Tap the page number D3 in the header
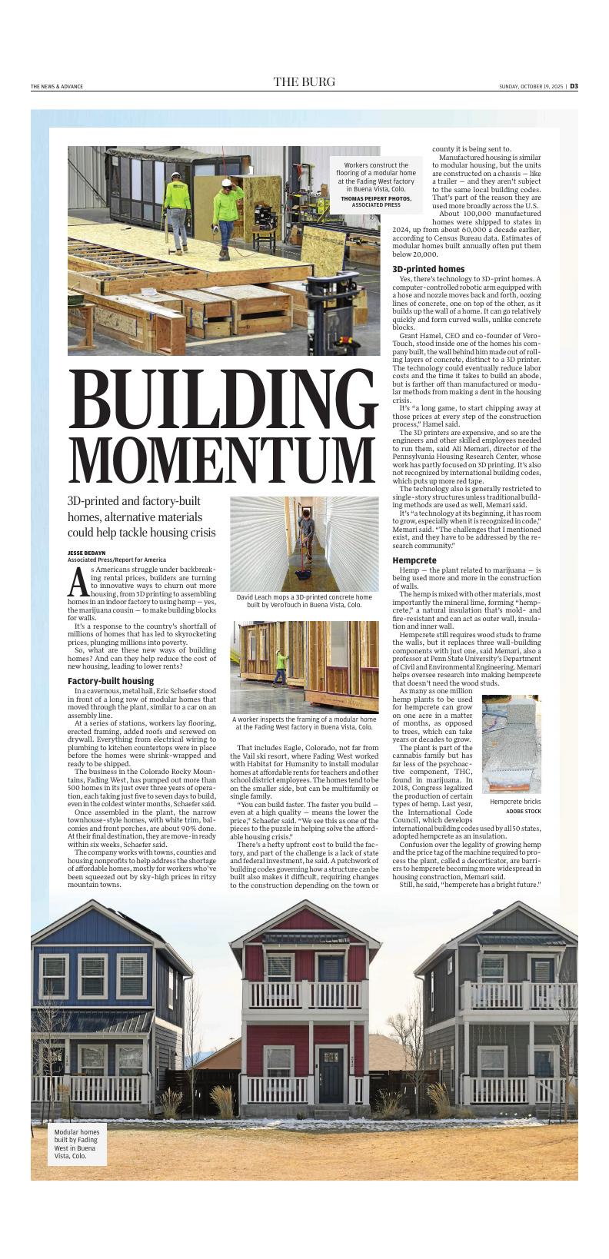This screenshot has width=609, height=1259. [x=574, y=86]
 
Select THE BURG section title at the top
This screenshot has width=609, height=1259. [x=304, y=82]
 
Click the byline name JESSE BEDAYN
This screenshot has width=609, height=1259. [x=86, y=553]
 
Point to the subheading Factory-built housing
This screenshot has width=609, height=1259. [x=111, y=681]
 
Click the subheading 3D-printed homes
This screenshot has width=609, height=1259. [x=428, y=269]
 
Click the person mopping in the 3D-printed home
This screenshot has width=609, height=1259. [x=308, y=548]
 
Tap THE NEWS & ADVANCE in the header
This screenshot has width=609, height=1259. [x=57, y=86]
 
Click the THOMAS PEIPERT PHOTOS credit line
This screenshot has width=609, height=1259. [x=376, y=201]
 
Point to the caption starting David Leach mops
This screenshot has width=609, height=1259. [x=304, y=600]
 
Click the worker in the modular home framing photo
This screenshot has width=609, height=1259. [x=281, y=666]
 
